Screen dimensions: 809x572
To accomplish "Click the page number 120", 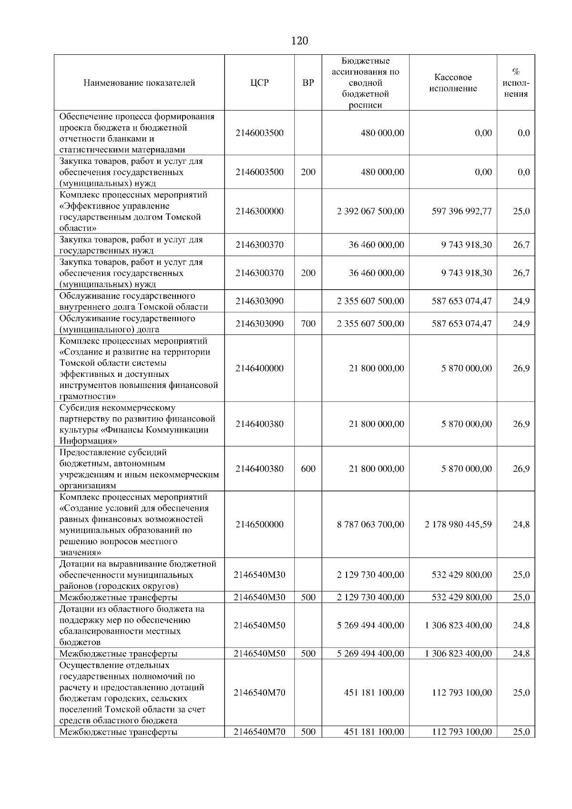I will click(299, 41).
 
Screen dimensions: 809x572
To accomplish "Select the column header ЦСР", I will click(259, 83).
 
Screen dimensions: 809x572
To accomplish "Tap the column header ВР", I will click(308, 83).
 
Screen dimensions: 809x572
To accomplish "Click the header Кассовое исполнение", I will click(453, 83).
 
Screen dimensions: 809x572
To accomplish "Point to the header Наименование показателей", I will click(139, 83).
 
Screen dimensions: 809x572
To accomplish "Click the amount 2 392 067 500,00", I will click(370, 211).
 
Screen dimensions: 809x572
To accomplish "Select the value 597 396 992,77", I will click(461, 211).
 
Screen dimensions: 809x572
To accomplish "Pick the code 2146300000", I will click(259, 211).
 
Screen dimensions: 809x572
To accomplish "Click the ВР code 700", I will click(308, 324).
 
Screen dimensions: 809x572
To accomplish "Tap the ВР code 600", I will click(308, 469).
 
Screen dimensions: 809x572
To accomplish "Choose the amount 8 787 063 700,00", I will click(370, 525).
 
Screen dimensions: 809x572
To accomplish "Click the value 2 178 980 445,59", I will click(458, 525).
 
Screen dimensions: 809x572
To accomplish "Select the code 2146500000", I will click(259, 525).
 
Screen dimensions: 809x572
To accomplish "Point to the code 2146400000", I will click(259, 368).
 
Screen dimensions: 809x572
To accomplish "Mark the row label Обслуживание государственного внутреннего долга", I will click(133, 301).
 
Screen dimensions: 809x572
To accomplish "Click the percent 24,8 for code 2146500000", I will click(521, 525).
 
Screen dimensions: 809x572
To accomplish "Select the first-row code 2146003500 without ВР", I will click(259, 133).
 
